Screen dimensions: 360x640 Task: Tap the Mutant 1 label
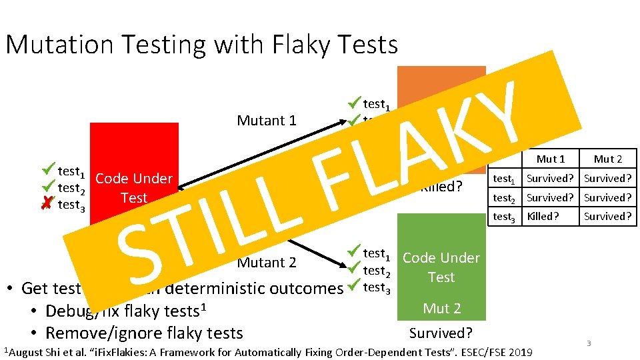266,121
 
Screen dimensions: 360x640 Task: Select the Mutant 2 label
267,262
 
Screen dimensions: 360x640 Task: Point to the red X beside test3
45,205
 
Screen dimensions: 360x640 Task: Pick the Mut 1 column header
551,159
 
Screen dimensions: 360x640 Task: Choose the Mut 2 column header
607,159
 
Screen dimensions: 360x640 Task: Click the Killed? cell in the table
543,216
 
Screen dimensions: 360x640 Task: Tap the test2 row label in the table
504,197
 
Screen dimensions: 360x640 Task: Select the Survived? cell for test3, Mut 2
607,216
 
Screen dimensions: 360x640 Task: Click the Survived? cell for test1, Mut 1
551,178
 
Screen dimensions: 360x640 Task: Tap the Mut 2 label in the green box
441,308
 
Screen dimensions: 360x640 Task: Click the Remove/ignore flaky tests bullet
143,333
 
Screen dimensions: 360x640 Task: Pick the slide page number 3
589,343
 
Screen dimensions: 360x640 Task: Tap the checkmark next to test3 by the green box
353,287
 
